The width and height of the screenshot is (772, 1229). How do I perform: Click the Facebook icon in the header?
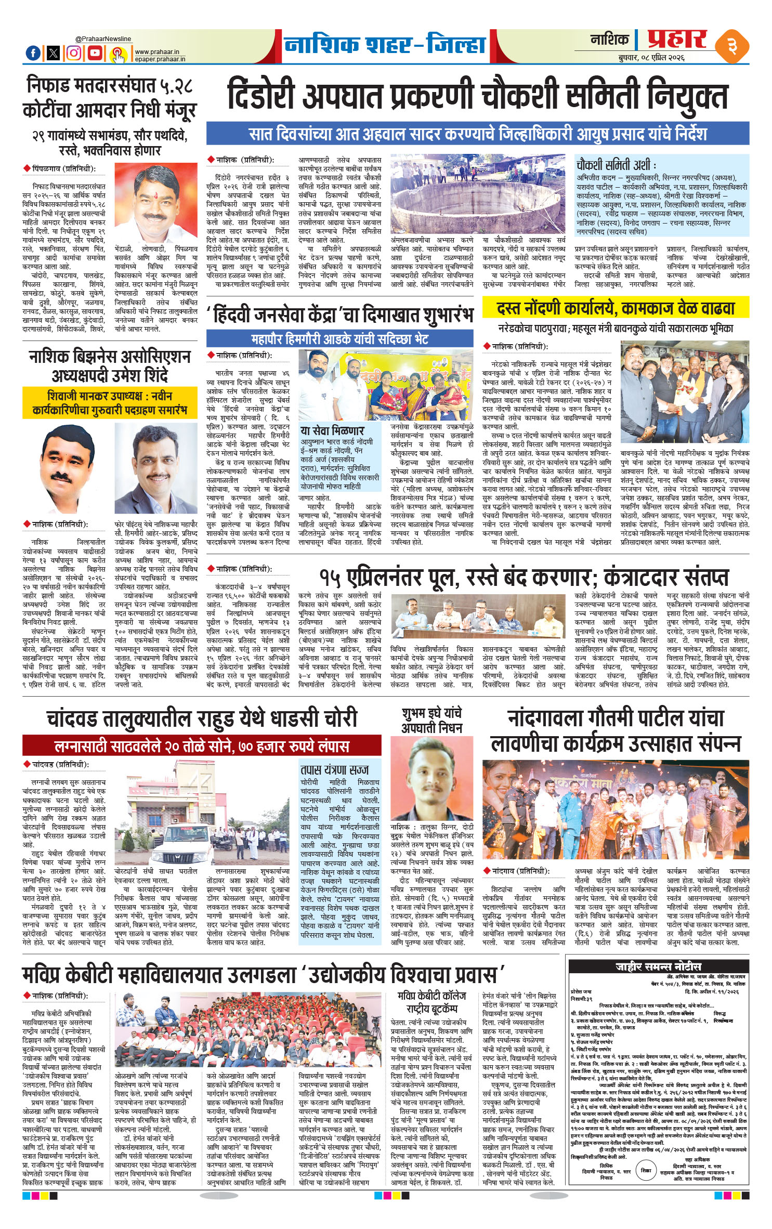(33, 53)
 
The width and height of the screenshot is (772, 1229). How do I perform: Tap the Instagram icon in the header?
(74, 53)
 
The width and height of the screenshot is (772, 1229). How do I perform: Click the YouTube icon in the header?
(95, 53)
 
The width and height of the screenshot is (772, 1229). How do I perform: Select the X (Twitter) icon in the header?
(54, 53)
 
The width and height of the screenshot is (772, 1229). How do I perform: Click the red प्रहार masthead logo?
(677, 40)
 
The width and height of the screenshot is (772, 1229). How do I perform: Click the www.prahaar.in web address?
(156, 52)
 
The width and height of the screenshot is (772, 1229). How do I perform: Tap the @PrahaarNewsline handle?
(103, 39)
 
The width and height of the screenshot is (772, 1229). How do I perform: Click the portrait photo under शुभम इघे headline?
(431, 778)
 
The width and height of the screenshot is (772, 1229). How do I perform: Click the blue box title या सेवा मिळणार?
(332, 430)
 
